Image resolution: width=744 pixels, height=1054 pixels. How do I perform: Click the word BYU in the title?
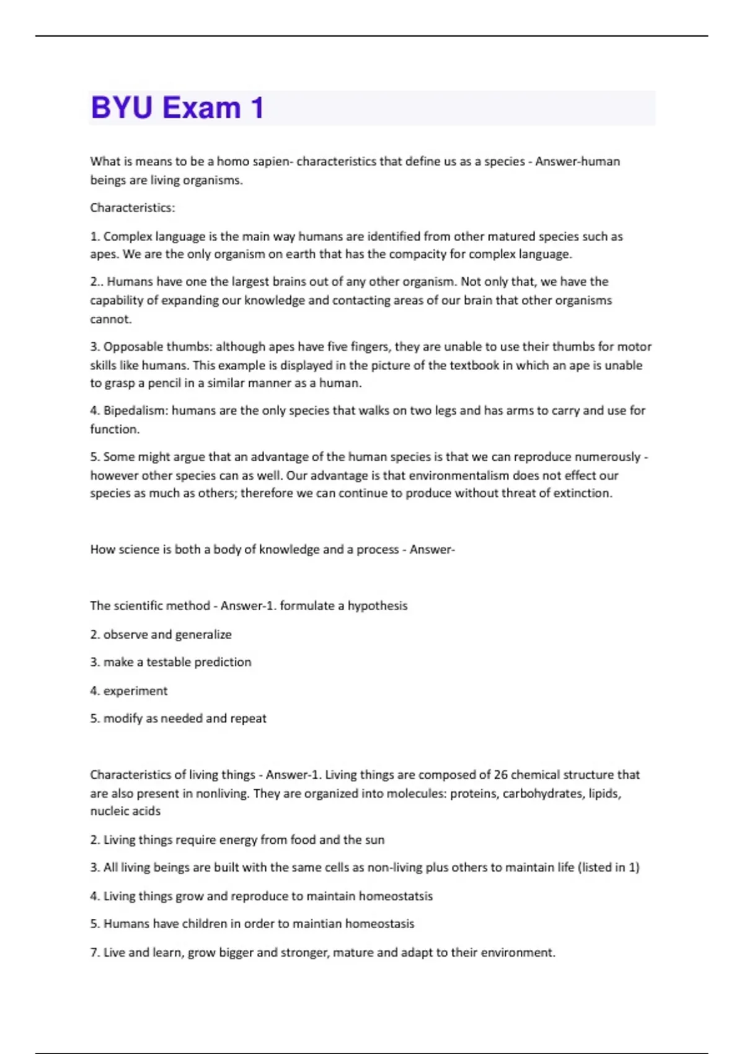click(x=122, y=108)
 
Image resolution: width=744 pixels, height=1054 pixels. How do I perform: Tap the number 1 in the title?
click(x=257, y=108)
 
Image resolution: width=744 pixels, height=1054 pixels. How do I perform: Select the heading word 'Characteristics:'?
click(x=133, y=208)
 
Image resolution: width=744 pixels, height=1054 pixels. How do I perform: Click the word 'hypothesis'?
click(x=378, y=606)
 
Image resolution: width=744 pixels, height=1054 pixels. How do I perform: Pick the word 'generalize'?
click(x=203, y=635)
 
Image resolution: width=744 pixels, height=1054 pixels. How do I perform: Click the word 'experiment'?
click(x=135, y=691)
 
